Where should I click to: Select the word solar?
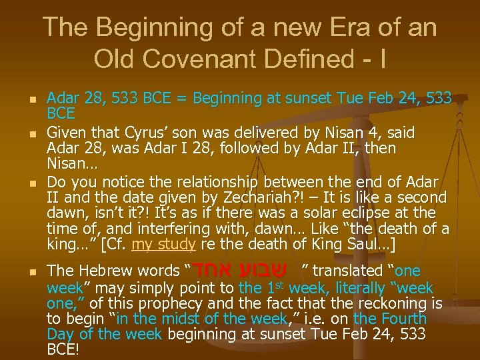(x=347, y=213)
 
